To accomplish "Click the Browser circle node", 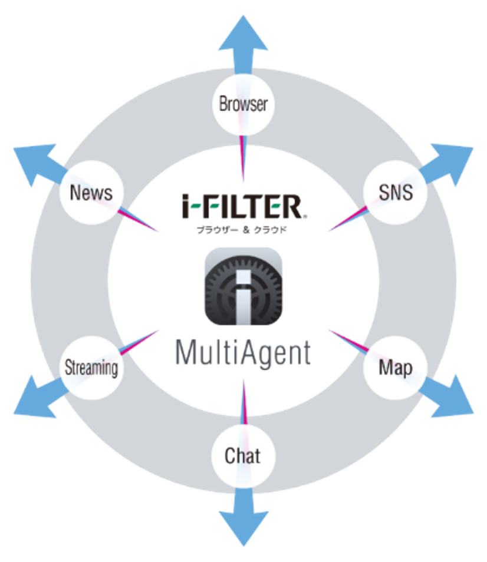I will (243, 104).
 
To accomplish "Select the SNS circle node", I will (395, 193).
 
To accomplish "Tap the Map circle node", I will (395, 368).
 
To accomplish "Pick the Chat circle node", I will (243, 455).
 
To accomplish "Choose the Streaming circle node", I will (91, 368).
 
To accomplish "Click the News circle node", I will (91, 193).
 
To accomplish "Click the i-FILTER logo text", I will (243, 207).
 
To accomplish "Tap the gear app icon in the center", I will (243, 286).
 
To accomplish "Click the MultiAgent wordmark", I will (243, 353).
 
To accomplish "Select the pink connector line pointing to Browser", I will (242, 159).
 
